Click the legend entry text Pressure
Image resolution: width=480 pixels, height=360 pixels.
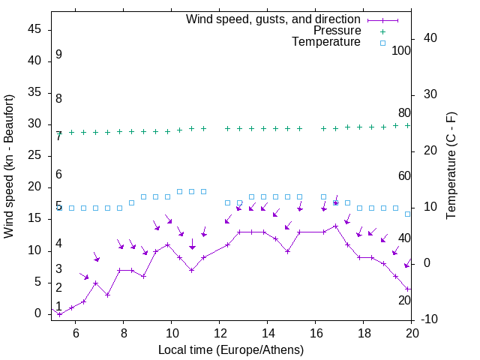(337, 31)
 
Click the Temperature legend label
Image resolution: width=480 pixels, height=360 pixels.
(326, 42)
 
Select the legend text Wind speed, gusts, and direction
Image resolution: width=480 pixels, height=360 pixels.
(274, 19)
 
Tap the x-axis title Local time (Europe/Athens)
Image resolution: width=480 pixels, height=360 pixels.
(231, 350)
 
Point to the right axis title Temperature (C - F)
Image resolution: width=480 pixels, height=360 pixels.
(451, 166)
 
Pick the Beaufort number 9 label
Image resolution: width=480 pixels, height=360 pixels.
(58, 55)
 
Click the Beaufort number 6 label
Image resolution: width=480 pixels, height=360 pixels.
(58, 174)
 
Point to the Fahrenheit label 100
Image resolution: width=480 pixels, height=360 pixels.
(401, 50)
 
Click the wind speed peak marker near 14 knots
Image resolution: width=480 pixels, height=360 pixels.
(336, 226)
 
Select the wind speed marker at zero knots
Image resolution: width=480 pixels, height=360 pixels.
(60, 313)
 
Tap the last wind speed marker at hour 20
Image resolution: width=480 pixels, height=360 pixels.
(408, 289)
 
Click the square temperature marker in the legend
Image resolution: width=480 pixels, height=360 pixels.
(382, 43)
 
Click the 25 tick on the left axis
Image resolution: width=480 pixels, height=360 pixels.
(34, 156)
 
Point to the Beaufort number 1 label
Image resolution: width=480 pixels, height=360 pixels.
(58, 306)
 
